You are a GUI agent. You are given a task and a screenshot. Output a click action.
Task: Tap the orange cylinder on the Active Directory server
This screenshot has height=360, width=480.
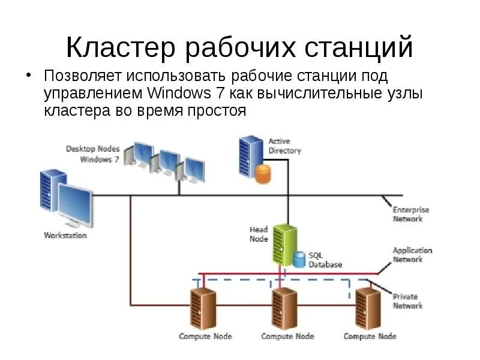[263, 174]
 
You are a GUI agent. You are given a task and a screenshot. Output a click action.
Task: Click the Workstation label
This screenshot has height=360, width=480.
[65, 236]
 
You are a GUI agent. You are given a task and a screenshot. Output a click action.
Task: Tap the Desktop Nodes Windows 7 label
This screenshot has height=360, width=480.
[93, 154]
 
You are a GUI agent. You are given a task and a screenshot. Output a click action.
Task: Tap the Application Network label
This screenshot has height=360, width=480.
[412, 255]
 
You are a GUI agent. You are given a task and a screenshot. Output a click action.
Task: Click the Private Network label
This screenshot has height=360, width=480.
[407, 301]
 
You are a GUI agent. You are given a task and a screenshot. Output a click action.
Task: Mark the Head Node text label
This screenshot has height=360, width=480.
[259, 234]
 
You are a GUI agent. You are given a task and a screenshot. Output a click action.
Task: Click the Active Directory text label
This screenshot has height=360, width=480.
[284, 146]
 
